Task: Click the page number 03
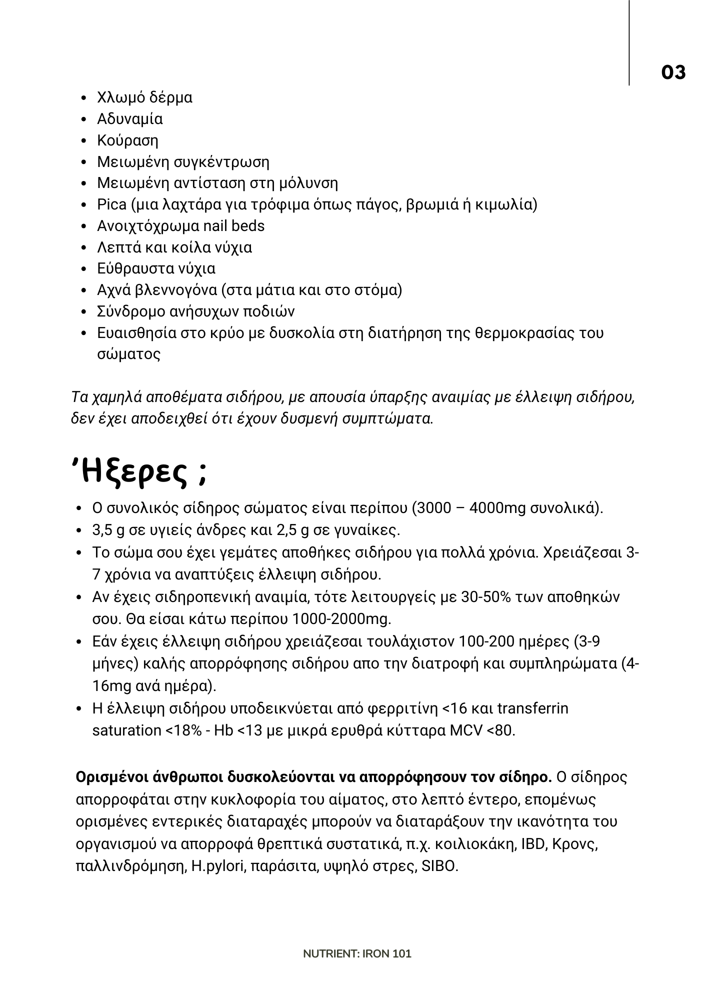(x=673, y=72)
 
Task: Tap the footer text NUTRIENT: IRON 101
(x=357, y=953)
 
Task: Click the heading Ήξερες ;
(x=139, y=472)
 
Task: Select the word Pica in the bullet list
(x=111, y=204)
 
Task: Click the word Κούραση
(x=127, y=140)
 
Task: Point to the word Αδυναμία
(x=130, y=119)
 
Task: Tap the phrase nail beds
(x=234, y=226)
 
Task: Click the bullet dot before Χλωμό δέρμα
(x=84, y=98)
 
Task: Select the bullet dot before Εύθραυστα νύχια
(x=84, y=269)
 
